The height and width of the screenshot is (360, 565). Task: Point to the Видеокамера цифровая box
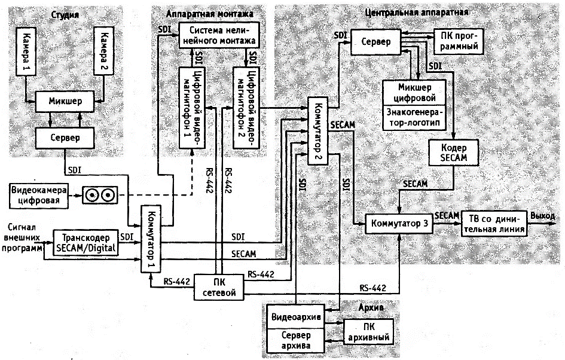coord(38,195)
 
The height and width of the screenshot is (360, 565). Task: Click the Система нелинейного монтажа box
coord(219,36)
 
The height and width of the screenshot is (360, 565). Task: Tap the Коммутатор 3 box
coord(399,223)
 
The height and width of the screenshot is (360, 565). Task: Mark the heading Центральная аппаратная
coord(415,12)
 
